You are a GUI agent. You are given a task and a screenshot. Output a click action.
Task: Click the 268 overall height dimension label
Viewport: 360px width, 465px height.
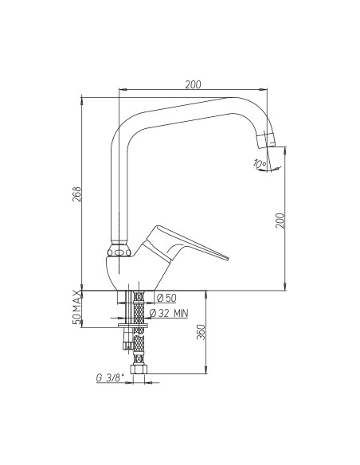[x=76, y=194]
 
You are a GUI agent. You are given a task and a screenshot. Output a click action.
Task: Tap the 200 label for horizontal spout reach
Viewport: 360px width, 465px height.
[x=193, y=84]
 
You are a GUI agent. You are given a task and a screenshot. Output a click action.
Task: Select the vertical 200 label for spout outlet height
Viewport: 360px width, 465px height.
[x=280, y=221]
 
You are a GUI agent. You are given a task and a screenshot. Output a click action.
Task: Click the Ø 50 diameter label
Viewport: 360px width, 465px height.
[x=166, y=298]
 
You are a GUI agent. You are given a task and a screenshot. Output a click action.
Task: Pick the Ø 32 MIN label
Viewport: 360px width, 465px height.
[x=169, y=313]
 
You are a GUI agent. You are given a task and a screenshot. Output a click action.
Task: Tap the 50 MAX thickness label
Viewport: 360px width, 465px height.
[x=76, y=307]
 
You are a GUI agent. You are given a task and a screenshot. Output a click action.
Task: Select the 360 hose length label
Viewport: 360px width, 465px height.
[x=201, y=332]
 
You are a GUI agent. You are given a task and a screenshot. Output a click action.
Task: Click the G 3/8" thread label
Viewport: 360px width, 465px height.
[x=110, y=378]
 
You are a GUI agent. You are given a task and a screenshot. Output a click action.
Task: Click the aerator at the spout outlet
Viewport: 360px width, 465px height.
[x=266, y=141]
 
